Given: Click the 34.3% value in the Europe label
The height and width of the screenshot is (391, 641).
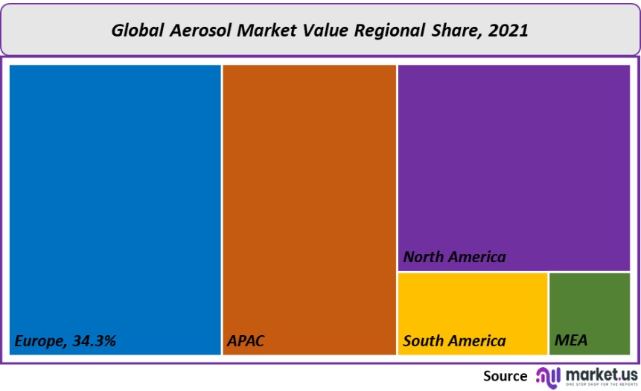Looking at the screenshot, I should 95,341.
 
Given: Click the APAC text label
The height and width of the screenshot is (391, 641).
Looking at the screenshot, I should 246,341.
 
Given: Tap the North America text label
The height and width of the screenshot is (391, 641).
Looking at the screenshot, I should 454,257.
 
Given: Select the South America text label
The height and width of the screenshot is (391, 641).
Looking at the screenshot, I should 454,341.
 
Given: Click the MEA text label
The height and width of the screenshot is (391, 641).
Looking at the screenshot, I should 571,341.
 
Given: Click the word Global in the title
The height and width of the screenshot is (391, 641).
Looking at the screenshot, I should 137,31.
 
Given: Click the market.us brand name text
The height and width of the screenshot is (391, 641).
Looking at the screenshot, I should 602,373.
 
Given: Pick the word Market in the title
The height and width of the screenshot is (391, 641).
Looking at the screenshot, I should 267,31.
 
